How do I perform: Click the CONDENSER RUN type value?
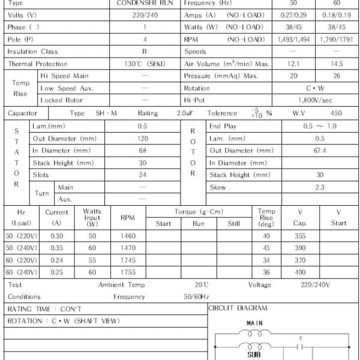click(x=145, y=3)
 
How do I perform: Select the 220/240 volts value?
click(x=145, y=15)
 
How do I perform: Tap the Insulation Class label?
click(x=33, y=52)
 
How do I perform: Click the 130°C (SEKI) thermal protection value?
click(x=145, y=64)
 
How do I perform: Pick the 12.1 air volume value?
click(x=294, y=64)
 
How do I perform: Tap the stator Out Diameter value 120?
click(x=143, y=139)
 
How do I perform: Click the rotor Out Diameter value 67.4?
click(x=320, y=151)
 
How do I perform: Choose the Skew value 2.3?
click(x=320, y=187)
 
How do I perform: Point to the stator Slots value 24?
click(x=143, y=175)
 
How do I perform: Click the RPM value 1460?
click(x=128, y=236)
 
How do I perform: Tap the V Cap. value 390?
click(x=301, y=248)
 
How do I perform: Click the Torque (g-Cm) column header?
click(x=199, y=212)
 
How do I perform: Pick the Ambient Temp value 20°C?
click(x=202, y=285)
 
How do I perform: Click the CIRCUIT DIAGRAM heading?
click(x=238, y=308)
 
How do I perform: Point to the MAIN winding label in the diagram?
click(x=254, y=323)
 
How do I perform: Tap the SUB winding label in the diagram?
click(x=254, y=355)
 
